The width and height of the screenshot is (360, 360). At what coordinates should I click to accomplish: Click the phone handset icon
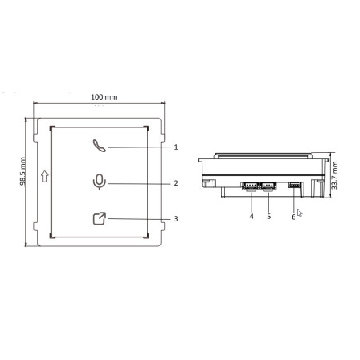tap(97, 145)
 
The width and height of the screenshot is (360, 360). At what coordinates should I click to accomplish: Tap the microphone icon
tap(98, 182)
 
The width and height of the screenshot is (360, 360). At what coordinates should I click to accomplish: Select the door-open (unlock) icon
tap(98, 218)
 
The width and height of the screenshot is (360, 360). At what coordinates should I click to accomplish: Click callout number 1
tap(175, 147)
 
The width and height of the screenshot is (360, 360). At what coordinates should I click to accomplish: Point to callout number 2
tap(175, 183)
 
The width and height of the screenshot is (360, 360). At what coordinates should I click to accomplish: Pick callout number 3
tap(175, 218)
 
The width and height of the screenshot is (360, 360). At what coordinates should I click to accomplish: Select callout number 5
tap(268, 216)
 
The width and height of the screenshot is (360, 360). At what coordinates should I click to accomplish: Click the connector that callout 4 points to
tap(250, 186)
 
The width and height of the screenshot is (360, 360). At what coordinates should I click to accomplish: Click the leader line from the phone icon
tap(135, 147)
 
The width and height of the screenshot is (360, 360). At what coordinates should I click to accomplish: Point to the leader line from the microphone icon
tap(135, 183)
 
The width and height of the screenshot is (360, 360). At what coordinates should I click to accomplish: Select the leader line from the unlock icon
tap(135, 218)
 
